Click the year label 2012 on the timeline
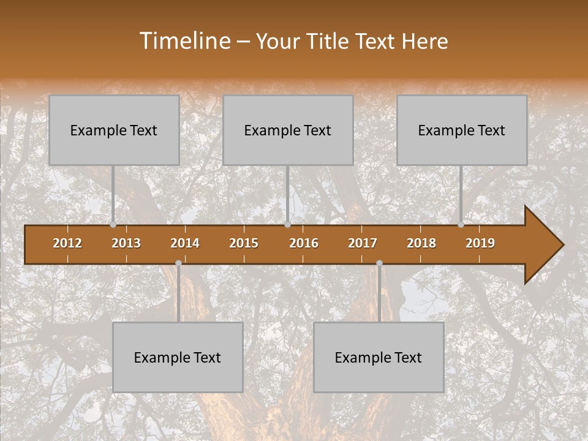coord(67,243)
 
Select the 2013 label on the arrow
coord(126,243)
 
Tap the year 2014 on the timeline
coord(185,243)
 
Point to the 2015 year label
coord(244,243)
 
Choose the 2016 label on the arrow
coord(304,243)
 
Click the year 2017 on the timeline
coord(363,243)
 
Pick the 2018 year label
coord(421,243)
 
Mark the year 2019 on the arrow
coord(480,243)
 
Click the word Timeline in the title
coord(184,41)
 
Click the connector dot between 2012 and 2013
coord(113,225)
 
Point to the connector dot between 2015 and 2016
coord(287,225)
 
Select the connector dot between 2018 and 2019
coord(461,225)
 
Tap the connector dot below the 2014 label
coord(178,263)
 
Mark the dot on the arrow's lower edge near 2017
coord(379,263)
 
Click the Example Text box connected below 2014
coord(178,357)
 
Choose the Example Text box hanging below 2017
coord(379,357)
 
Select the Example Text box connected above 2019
coord(462,130)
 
